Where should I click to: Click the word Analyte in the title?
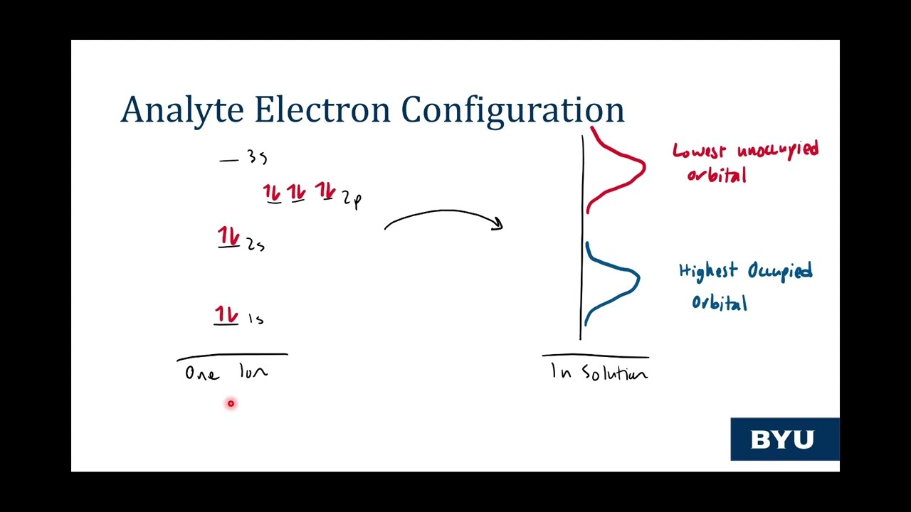(183, 110)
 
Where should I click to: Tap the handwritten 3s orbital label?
(257, 157)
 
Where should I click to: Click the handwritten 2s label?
(256, 245)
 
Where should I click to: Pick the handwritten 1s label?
(256, 319)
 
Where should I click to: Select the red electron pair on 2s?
(229, 238)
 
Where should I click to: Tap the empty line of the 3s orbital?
(228, 161)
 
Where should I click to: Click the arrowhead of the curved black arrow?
(498, 225)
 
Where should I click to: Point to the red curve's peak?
(643, 168)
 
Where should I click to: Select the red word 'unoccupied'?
(777, 151)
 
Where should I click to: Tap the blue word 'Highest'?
(707, 272)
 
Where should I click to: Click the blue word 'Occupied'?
(779, 272)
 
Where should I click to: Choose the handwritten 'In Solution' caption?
(599, 373)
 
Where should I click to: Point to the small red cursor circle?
(231, 404)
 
